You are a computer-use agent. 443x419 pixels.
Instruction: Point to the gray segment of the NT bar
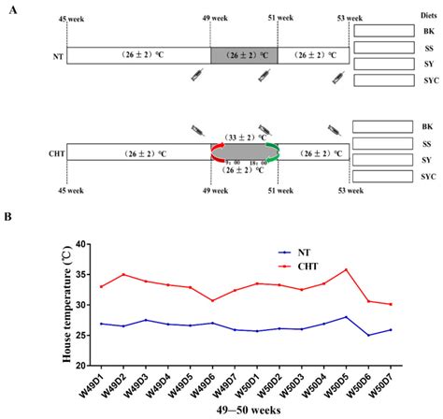point(244,55)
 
